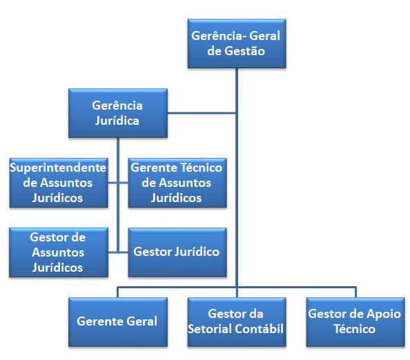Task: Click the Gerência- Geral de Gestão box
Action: (237, 43)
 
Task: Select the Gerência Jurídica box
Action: (118, 113)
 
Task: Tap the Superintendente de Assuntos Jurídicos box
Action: (59, 183)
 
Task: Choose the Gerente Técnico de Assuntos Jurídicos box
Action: (177, 183)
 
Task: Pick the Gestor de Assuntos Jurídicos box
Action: (59, 252)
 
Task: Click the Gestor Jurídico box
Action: (177, 252)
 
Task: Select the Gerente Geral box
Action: (118, 322)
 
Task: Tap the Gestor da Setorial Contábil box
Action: (237, 322)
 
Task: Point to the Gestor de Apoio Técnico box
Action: (355, 322)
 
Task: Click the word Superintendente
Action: (58, 168)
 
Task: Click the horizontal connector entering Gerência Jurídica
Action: (202, 113)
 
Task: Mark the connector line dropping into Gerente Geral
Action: (118, 292)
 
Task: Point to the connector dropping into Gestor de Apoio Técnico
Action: (356, 292)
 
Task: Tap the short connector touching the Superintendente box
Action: (113, 183)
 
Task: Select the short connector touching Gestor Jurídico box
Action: (124, 252)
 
